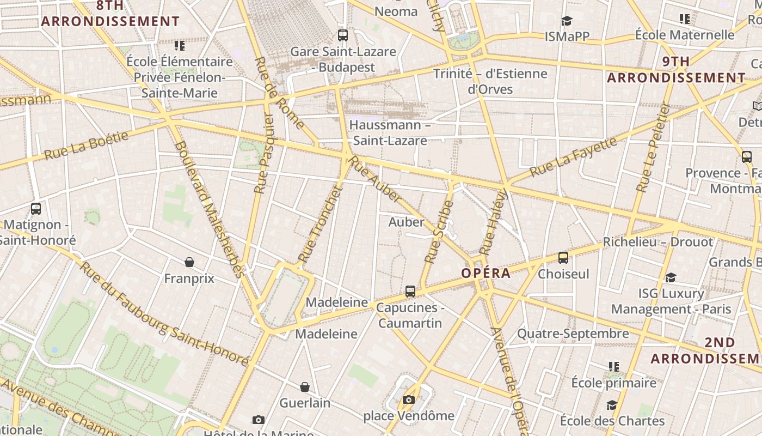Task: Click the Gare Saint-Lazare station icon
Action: point(342,35)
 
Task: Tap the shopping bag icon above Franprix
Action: point(189,263)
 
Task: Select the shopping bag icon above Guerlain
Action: point(305,387)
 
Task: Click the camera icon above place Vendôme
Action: point(409,400)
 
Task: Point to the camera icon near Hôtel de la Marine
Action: point(259,420)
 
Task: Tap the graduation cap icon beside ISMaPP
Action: point(567,21)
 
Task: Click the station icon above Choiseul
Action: point(563,257)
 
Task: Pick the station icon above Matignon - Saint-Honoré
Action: point(36,208)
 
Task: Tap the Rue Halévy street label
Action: point(494,222)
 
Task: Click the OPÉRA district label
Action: point(486,273)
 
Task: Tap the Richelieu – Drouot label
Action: point(657,242)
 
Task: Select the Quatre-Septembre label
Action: point(573,334)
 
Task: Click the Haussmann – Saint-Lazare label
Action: point(390,132)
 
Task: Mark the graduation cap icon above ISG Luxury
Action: point(671,278)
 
